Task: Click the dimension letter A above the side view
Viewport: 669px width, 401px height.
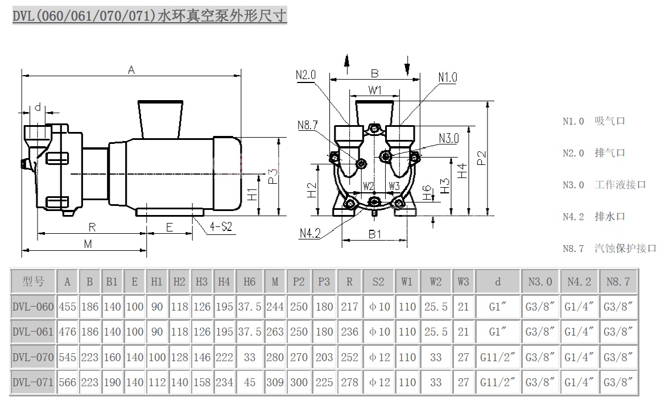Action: [x=131, y=69]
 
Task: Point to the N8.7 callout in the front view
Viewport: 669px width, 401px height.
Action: [x=307, y=126]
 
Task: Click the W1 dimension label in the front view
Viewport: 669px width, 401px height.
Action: [x=374, y=90]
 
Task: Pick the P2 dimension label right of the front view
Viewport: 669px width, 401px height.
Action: [x=482, y=158]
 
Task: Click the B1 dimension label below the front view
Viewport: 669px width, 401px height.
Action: [x=374, y=233]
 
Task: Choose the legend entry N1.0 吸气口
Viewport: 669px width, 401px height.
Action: [x=594, y=121]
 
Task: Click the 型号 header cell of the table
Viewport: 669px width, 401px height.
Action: [x=33, y=282]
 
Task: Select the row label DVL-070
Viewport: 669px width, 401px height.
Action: [x=33, y=357]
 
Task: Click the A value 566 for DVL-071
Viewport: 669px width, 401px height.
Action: [x=67, y=383]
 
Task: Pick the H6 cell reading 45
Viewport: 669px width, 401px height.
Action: [x=249, y=383]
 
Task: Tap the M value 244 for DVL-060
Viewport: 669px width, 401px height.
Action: [x=275, y=307]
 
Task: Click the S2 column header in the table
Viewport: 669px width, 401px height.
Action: [x=378, y=282]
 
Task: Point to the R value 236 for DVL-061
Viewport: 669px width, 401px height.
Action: [x=349, y=332]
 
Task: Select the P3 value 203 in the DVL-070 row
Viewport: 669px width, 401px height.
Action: [x=324, y=357]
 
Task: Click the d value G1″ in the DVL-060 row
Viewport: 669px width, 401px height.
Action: [x=497, y=307]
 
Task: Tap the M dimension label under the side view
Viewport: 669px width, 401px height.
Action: [x=88, y=243]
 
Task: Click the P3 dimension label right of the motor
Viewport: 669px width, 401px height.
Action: [x=272, y=176]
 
